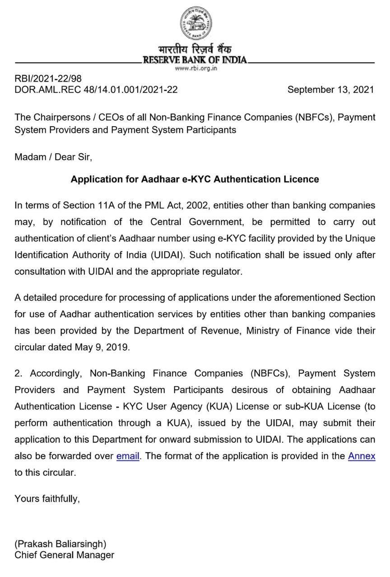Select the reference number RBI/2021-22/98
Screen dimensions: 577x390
pyautogui.click(x=48, y=79)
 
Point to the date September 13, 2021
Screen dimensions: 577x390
pyautogui.click(x=330, y=89)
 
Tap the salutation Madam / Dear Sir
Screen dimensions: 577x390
pyautogui.click(x=53, y=157)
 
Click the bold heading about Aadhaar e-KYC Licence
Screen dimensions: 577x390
pyautogui.click(x=195, y=179)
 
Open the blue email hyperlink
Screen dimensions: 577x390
pyautogui.click(x=128, y=456)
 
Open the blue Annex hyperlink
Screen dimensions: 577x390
pyautogui.click(x=362, y=456)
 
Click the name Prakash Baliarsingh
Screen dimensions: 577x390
pyautogui.click(x=60, y=544)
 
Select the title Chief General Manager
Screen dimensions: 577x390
pyautogui.click(x=64, y=555)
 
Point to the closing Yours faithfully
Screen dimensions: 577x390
pyautogui.click(x=47, y=499)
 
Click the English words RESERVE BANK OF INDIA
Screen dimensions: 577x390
pyautogui.click(x=195, y=60)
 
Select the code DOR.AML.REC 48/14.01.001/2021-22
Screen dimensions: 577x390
pyautogui.click(x=96, y=89)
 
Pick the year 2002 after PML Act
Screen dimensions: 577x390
pyautogui.click(x=195, y=206)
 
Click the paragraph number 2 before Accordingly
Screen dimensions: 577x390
pyautogui.click(x=18, y=373)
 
